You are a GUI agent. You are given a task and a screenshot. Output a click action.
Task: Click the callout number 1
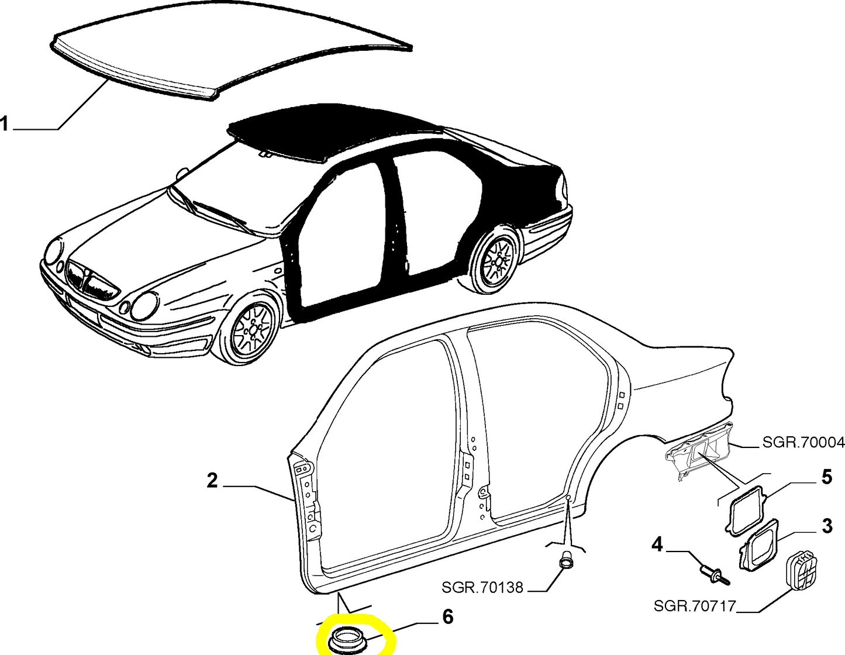[x=4, y=125]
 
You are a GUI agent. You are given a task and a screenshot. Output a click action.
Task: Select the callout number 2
[x=212, y=481]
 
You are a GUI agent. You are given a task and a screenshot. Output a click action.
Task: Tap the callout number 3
[x=827, y=526]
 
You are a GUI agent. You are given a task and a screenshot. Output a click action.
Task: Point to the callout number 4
[x=657, y=544]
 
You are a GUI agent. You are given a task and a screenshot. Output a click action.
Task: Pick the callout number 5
[x=826, y=477]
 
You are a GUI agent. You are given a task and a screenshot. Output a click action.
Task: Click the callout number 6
[x=448, y=617]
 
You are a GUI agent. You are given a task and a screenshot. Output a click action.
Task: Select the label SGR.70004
[x=803, y=442]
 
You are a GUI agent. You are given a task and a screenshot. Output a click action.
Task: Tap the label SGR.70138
[x=482, y=587]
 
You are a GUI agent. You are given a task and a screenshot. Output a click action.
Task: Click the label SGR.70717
[x=695, y=606]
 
